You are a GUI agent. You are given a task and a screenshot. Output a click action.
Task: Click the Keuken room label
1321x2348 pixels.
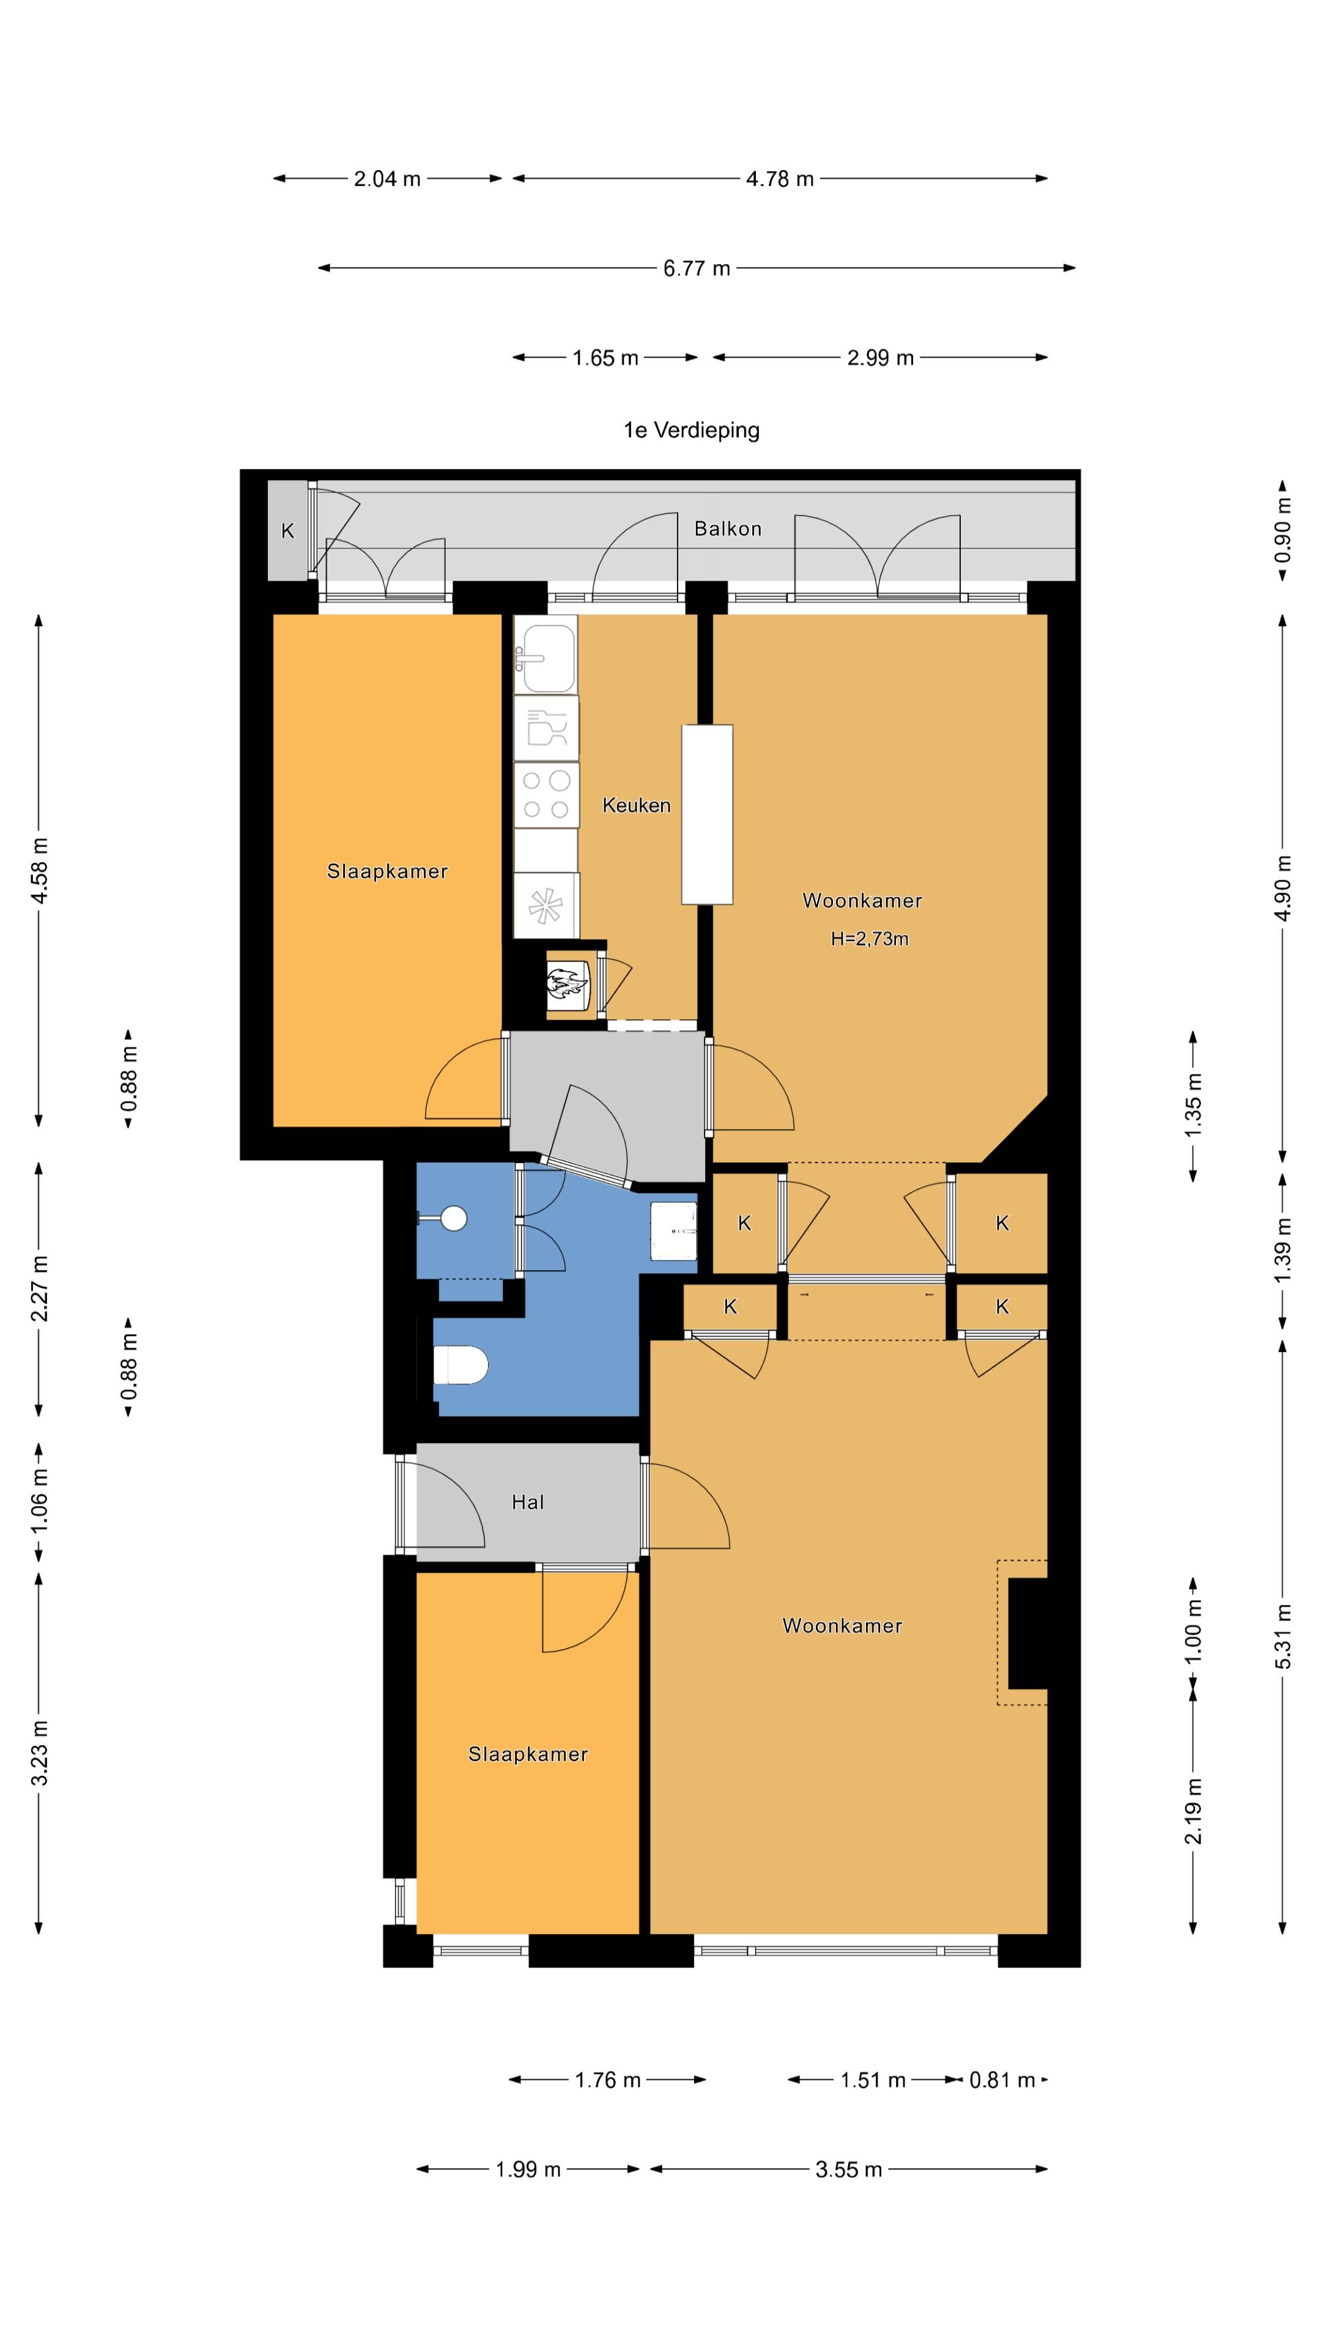(636, 805)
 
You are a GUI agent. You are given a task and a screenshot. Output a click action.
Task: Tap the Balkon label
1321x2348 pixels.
(728, 529)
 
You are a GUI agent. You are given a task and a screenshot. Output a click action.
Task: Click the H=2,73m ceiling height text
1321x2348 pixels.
(870, 939)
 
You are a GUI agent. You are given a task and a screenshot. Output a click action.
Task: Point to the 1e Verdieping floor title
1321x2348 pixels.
(691, 430)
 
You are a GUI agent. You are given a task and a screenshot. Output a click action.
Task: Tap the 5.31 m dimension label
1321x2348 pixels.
(1282, 1636)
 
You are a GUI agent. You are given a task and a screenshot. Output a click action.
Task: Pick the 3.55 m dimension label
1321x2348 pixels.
(849, 2169)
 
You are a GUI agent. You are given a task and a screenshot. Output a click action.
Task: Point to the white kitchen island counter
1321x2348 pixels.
(708, 814)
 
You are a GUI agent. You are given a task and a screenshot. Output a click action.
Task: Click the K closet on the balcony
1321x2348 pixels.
(288, 531)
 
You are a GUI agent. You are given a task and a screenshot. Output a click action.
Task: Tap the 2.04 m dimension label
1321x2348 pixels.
(388, 179)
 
